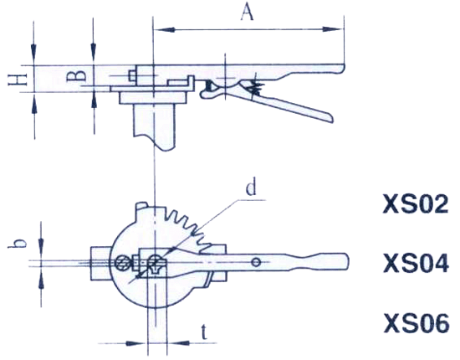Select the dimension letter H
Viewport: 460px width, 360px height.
coord(18,79)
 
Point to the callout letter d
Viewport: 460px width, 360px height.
coord(251,188)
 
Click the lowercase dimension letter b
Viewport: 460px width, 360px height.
coord(16,244)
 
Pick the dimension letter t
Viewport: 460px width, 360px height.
coord(204,332)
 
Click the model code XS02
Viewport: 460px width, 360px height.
coord(416,204)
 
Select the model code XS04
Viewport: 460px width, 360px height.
coord(416,264)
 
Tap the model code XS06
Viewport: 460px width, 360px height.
coord(417,323)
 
